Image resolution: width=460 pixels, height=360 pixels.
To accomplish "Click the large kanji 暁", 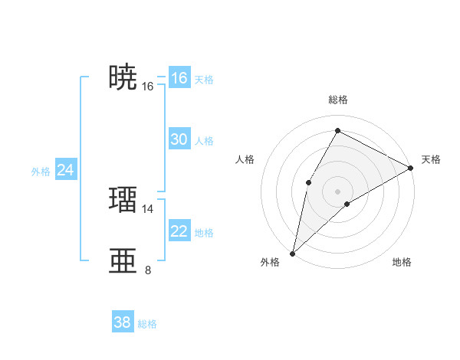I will (123, 77).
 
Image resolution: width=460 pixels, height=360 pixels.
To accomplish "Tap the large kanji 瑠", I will (123, 199).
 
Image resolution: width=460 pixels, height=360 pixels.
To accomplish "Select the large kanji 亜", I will (123, 260).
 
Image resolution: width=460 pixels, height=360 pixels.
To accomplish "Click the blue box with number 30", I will (179, 139).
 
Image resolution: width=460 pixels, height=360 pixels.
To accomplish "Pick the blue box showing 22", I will (179, 231).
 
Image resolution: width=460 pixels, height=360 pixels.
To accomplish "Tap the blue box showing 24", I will (65, 171).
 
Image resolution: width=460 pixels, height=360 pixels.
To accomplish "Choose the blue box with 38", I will (122, 322).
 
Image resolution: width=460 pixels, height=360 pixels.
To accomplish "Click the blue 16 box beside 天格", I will (179, 78).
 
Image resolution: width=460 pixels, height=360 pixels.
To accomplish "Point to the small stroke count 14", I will (148, 208).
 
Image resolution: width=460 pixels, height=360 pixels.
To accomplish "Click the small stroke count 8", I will (148, 270).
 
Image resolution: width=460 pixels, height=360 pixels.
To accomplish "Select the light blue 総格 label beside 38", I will (147, 324).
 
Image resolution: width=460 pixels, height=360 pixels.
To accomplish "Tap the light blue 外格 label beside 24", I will (41, 172).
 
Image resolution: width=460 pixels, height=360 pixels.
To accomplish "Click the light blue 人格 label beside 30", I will (204, 141).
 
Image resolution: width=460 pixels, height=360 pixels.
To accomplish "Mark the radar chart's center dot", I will (337, 191).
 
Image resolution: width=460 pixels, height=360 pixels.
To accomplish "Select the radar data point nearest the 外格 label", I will (292, 253).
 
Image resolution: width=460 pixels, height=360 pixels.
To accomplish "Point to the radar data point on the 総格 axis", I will (337, 131).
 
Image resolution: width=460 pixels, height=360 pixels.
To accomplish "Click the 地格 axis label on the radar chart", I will (402, 263).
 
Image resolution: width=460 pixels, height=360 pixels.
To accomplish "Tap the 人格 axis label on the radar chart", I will (245, 159).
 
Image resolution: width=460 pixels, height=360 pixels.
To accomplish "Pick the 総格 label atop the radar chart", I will (337, 100).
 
